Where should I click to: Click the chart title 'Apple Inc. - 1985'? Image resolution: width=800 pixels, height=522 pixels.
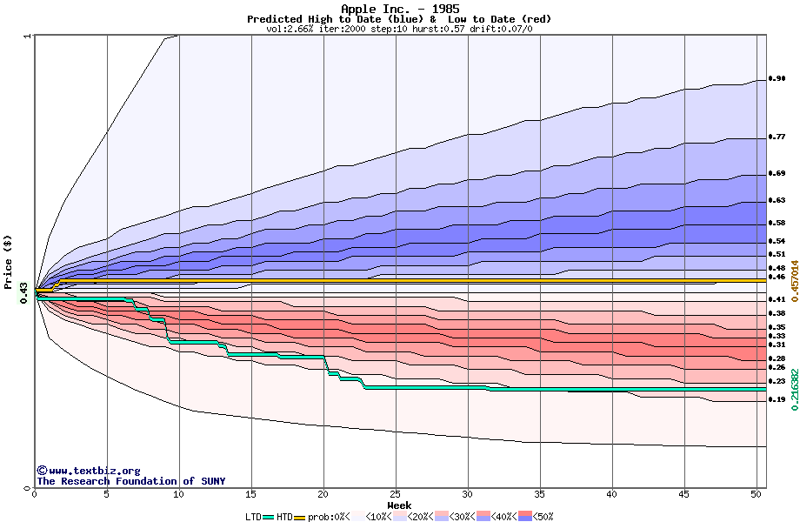pyautogui.click(x=399, y=9)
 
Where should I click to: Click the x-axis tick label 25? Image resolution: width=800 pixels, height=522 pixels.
pyautogui.click(x=396, y=494)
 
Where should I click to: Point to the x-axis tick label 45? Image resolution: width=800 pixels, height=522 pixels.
pyautogui.click(x=684, y=494)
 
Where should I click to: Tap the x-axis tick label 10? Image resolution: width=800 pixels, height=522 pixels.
pyautogui.click(x=179, y=494)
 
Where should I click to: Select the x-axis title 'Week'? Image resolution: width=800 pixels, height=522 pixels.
pyautogui.click(x=399, y=505)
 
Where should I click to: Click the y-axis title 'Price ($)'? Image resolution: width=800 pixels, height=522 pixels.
pyautogui.click(x=8, y=262)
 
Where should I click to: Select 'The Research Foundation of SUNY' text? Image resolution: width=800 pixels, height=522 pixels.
pyautogui.click(x=130, y=481)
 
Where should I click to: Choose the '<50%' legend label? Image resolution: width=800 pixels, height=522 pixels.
pyautogui.click(x=540, y=517)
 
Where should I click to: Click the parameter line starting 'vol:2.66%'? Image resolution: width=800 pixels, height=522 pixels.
pyautogui.click(x=399, y=29)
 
